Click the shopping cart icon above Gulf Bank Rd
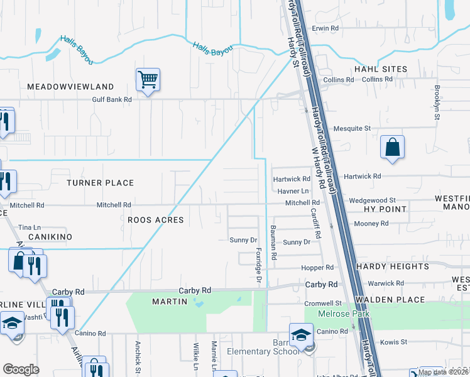coord(148,80)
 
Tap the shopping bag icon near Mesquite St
coord(392,148)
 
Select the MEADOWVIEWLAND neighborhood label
coord(70,87)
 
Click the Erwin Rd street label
coord(325,28)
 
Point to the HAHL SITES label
coord(381,69)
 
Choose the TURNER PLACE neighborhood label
coord(101,183)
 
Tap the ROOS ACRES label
coord(155,220)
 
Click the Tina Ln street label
coord(30,227)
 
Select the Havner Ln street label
coord(293,191)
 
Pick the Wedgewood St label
coord(372,199)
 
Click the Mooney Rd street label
coord(371,223)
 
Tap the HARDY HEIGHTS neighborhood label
coord(393,266)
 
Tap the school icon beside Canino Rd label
coord(301,333)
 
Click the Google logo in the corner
coord(21,369)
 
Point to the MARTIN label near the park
coord(170,302)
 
